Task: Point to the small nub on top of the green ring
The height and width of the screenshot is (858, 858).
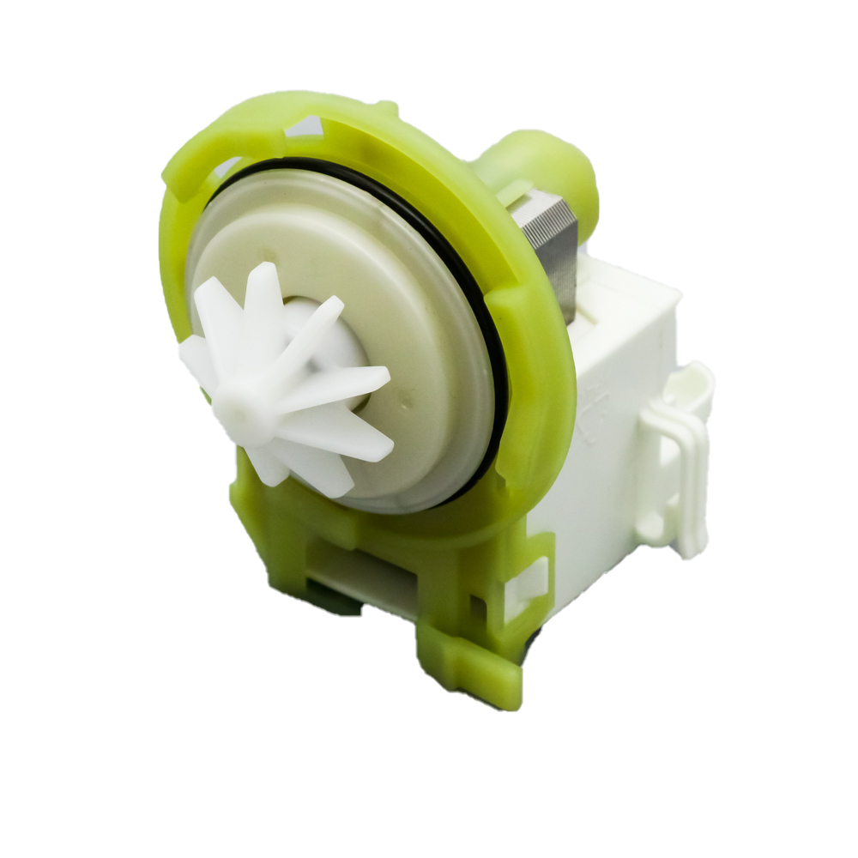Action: (x=385, y=108)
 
